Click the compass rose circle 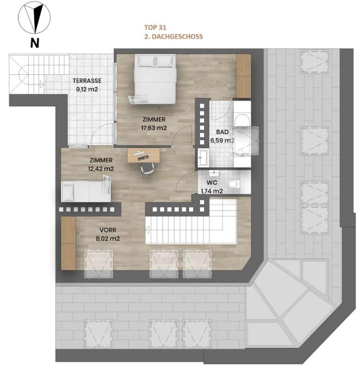19,18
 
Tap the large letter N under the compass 35,43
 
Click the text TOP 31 155,28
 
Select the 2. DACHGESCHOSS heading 173,36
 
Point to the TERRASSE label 87,81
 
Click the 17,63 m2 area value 154,128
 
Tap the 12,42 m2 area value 101,169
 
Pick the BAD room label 222,132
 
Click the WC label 212,183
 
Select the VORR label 108,230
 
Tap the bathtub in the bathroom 242,134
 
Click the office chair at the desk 148,168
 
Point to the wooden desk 143,155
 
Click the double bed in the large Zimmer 155,79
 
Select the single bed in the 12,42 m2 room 86,190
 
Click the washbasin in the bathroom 203,157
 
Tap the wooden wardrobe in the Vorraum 68,243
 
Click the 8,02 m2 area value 108,238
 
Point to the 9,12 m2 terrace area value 87,89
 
